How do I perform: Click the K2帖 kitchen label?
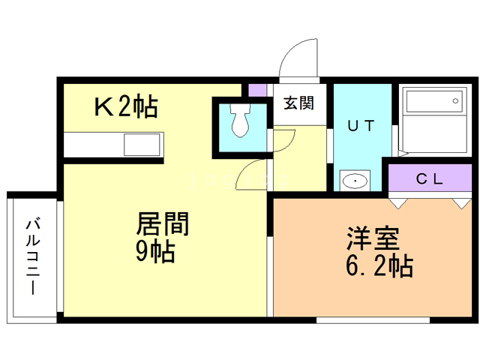point(125,108)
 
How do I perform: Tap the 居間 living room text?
point(161,224)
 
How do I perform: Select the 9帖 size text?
point(154,252)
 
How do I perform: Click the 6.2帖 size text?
point(378,265)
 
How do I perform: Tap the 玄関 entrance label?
point(298,104)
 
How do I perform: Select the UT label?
point(360,125)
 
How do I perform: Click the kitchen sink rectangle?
point(142,143)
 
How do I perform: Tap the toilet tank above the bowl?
point(241,110)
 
